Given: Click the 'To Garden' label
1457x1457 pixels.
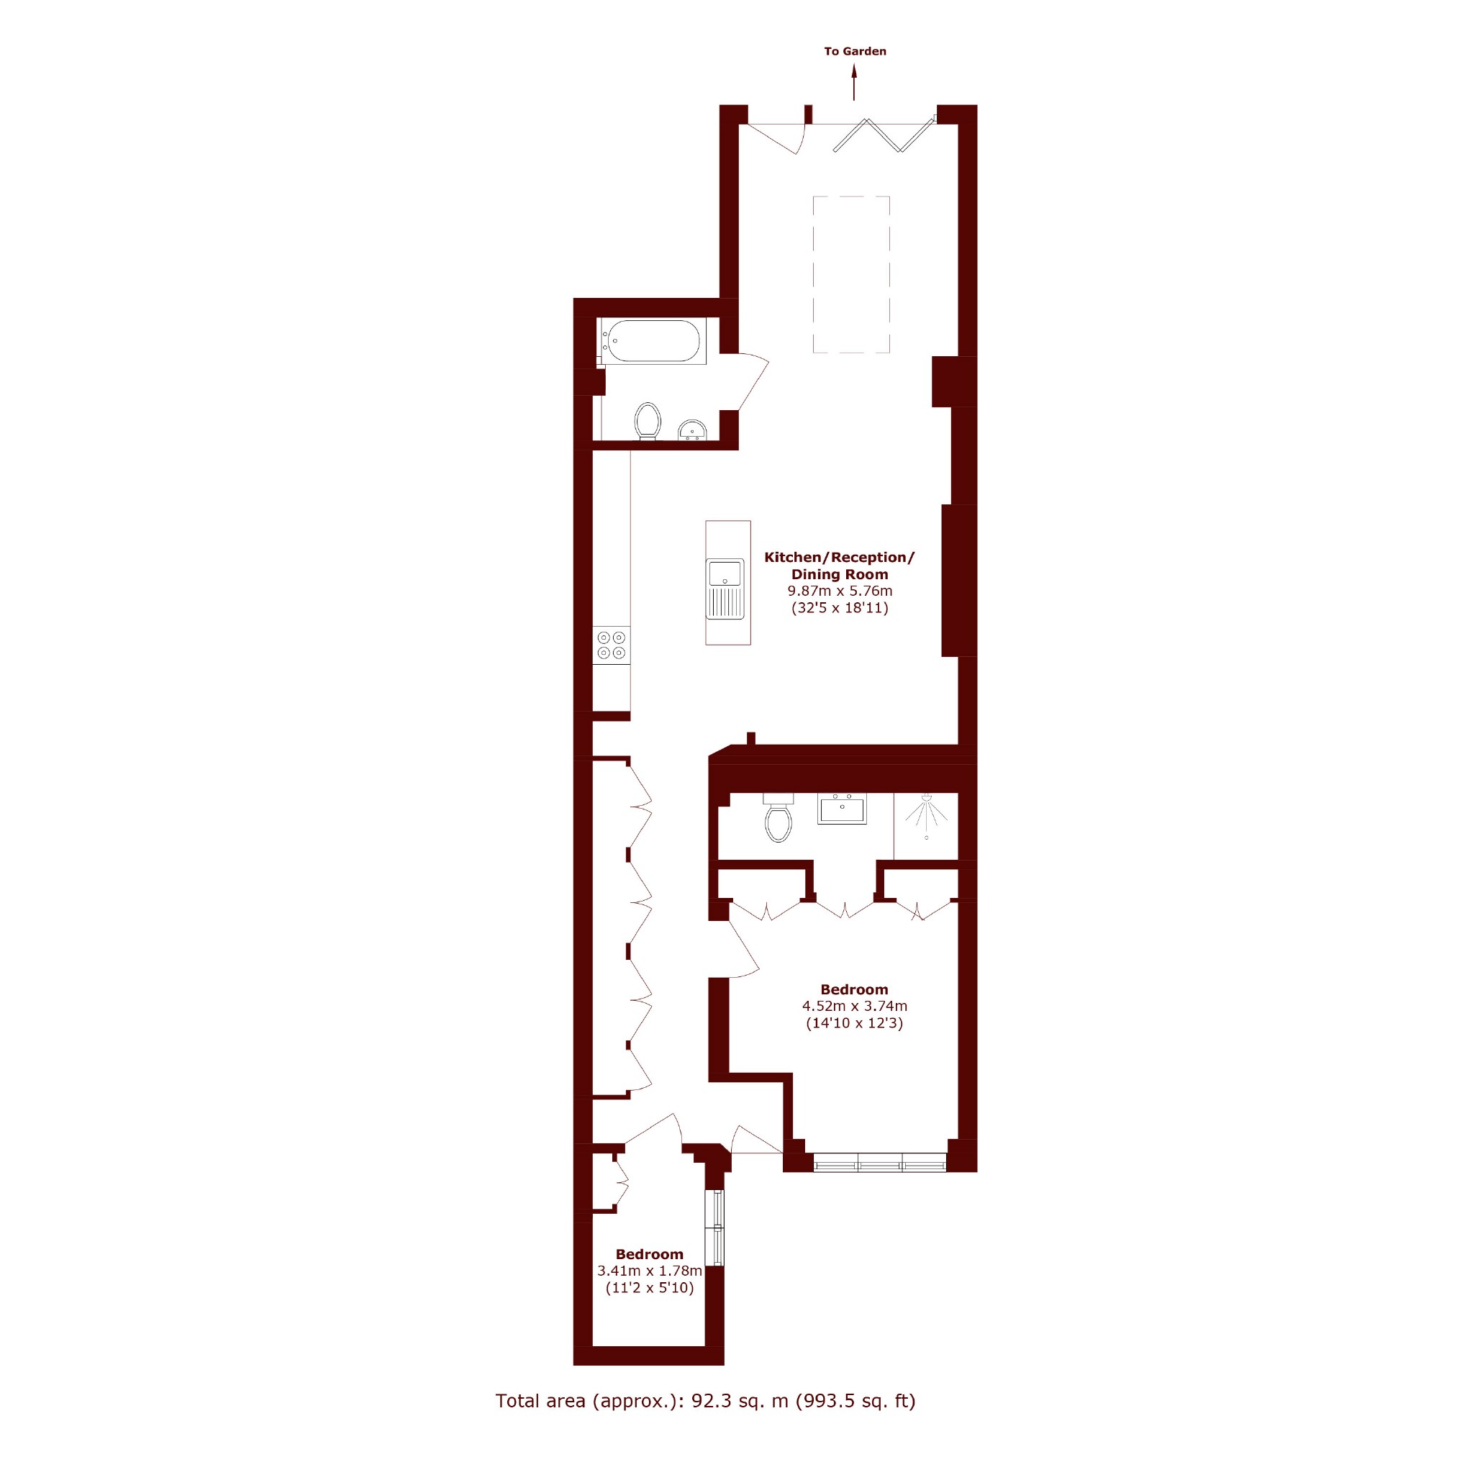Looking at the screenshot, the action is [x=855, y=51].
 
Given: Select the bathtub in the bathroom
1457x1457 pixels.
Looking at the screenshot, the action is [x=653, y=341].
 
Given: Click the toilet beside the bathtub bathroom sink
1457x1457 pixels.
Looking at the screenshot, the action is [x=648, y=421].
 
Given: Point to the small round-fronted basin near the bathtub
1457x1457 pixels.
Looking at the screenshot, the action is [x=692, y=430].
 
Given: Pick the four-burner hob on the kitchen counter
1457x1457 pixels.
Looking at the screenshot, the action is [x=612, y=645].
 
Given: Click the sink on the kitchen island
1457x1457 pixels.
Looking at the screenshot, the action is [x=725, y=589].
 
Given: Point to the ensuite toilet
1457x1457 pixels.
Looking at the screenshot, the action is [x=779, y=817].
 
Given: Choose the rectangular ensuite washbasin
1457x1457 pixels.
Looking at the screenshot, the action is [x=843, y=809].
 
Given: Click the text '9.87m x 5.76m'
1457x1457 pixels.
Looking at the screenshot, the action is [x=840, y=591].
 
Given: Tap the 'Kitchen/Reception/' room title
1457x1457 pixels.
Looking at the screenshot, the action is [x=840, y=558].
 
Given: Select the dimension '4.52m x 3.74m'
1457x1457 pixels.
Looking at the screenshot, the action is [x=855, y=1005].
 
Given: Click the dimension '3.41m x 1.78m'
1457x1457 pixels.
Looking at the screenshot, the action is [x=650, y=1271].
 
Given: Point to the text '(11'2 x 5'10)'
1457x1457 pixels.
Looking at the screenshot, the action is [x=650, y=1287].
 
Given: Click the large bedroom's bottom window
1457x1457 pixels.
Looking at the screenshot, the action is [x=880, y=1162].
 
